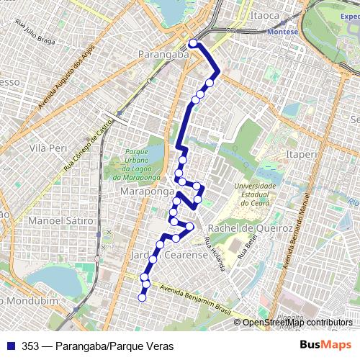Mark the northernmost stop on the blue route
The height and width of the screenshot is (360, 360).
point(193,43)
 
